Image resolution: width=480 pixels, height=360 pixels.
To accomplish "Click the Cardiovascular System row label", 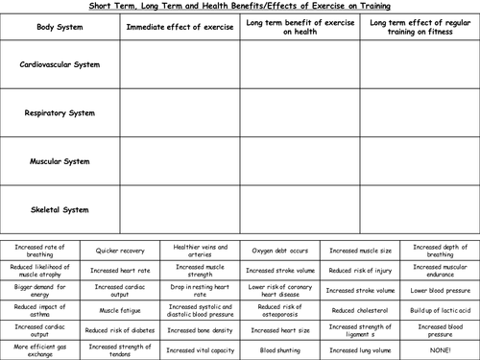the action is point(60,66).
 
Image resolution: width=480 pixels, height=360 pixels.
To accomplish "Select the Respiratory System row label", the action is point(60,113).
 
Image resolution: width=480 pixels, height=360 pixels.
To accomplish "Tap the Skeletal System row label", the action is point(60,208).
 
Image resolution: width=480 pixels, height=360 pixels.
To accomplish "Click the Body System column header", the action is point(60,26).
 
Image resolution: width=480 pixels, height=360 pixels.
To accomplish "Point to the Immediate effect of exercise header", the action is point(180,26).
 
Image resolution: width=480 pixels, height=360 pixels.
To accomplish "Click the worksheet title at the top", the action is point(239,6).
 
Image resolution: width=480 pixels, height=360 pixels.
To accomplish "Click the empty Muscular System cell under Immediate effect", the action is point(180,161).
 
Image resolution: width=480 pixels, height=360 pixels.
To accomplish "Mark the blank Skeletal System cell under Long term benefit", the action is point(300,208).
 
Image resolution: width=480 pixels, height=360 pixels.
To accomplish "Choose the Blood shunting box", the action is point(279,351).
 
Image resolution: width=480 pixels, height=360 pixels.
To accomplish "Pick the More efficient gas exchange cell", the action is point(40,351).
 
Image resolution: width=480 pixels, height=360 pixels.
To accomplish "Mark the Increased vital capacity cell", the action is point(200,351).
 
